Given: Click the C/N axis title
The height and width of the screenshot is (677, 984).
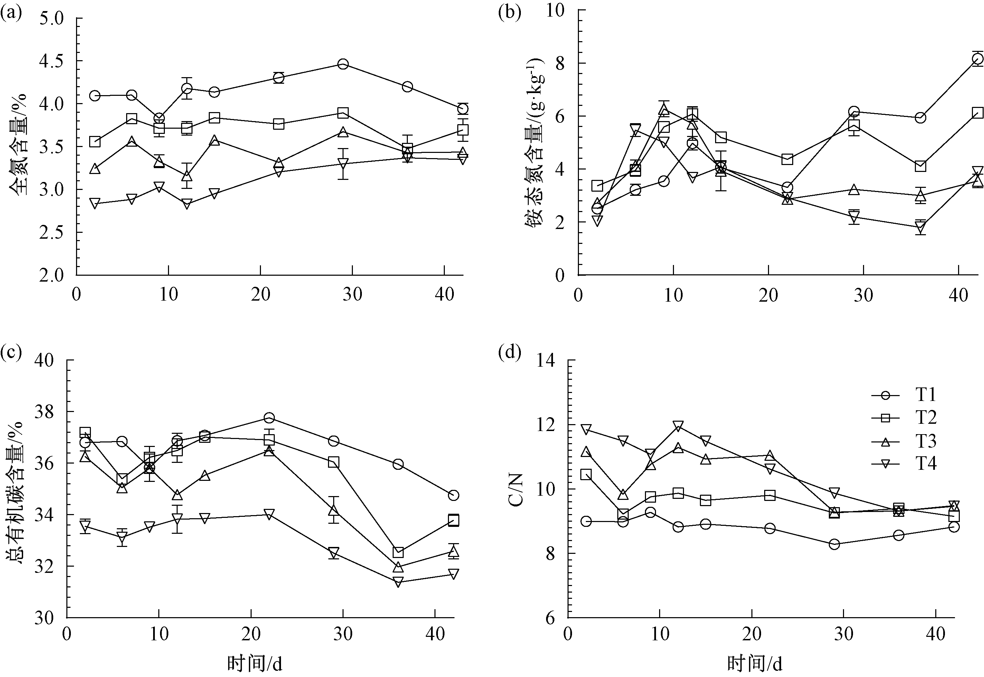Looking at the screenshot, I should [x=516, y=489].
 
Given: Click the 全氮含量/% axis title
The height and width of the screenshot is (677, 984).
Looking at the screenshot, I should [x=18, y=144].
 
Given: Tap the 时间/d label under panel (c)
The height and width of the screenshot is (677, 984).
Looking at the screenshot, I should [x=254, y=664].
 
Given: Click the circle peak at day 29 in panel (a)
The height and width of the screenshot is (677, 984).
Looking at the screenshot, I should [x=343, y=64].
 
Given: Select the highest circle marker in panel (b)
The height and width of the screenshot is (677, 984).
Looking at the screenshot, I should [x=974, y=59].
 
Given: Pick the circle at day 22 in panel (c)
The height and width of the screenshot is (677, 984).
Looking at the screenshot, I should [x=269, y=418].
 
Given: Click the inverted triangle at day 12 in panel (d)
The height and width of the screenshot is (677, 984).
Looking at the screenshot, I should [x=678, y=426].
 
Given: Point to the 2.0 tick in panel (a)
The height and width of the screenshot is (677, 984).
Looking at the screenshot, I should [x=51, y=275].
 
